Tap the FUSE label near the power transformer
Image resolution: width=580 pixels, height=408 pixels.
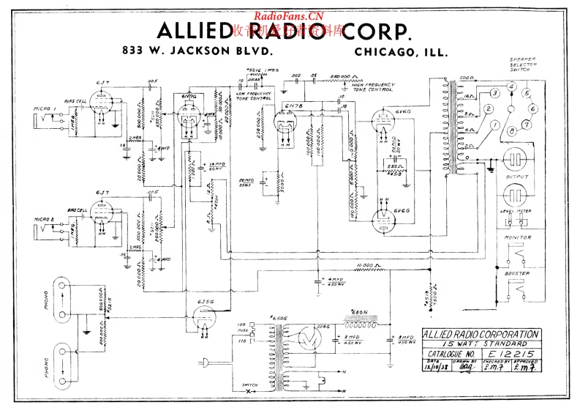coord(241,329)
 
